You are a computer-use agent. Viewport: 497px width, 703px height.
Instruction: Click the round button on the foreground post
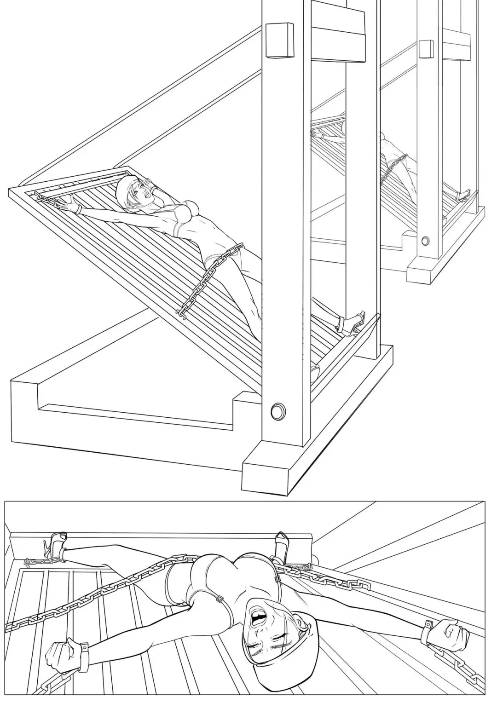[277, 410]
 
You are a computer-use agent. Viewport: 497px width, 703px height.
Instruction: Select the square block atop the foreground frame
[280, 40]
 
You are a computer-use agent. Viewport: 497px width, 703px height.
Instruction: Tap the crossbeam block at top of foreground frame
[338, 35]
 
